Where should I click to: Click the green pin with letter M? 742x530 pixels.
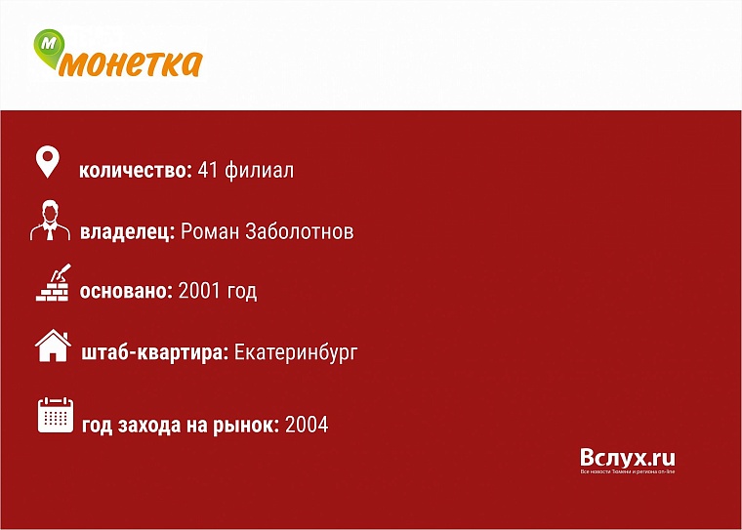(50, 47)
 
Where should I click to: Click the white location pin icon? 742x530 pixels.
(48, 163)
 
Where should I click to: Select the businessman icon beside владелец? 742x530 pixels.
(50, 221)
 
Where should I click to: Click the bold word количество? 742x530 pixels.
(135, 171)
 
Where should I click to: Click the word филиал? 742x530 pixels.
(259, 171)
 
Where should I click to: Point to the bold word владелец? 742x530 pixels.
(127, 232)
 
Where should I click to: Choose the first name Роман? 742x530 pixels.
(208, 232)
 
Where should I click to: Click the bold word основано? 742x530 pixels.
(127, 292)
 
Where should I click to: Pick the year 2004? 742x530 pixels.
(307, 425)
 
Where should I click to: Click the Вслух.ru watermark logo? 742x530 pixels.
(627, 460)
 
